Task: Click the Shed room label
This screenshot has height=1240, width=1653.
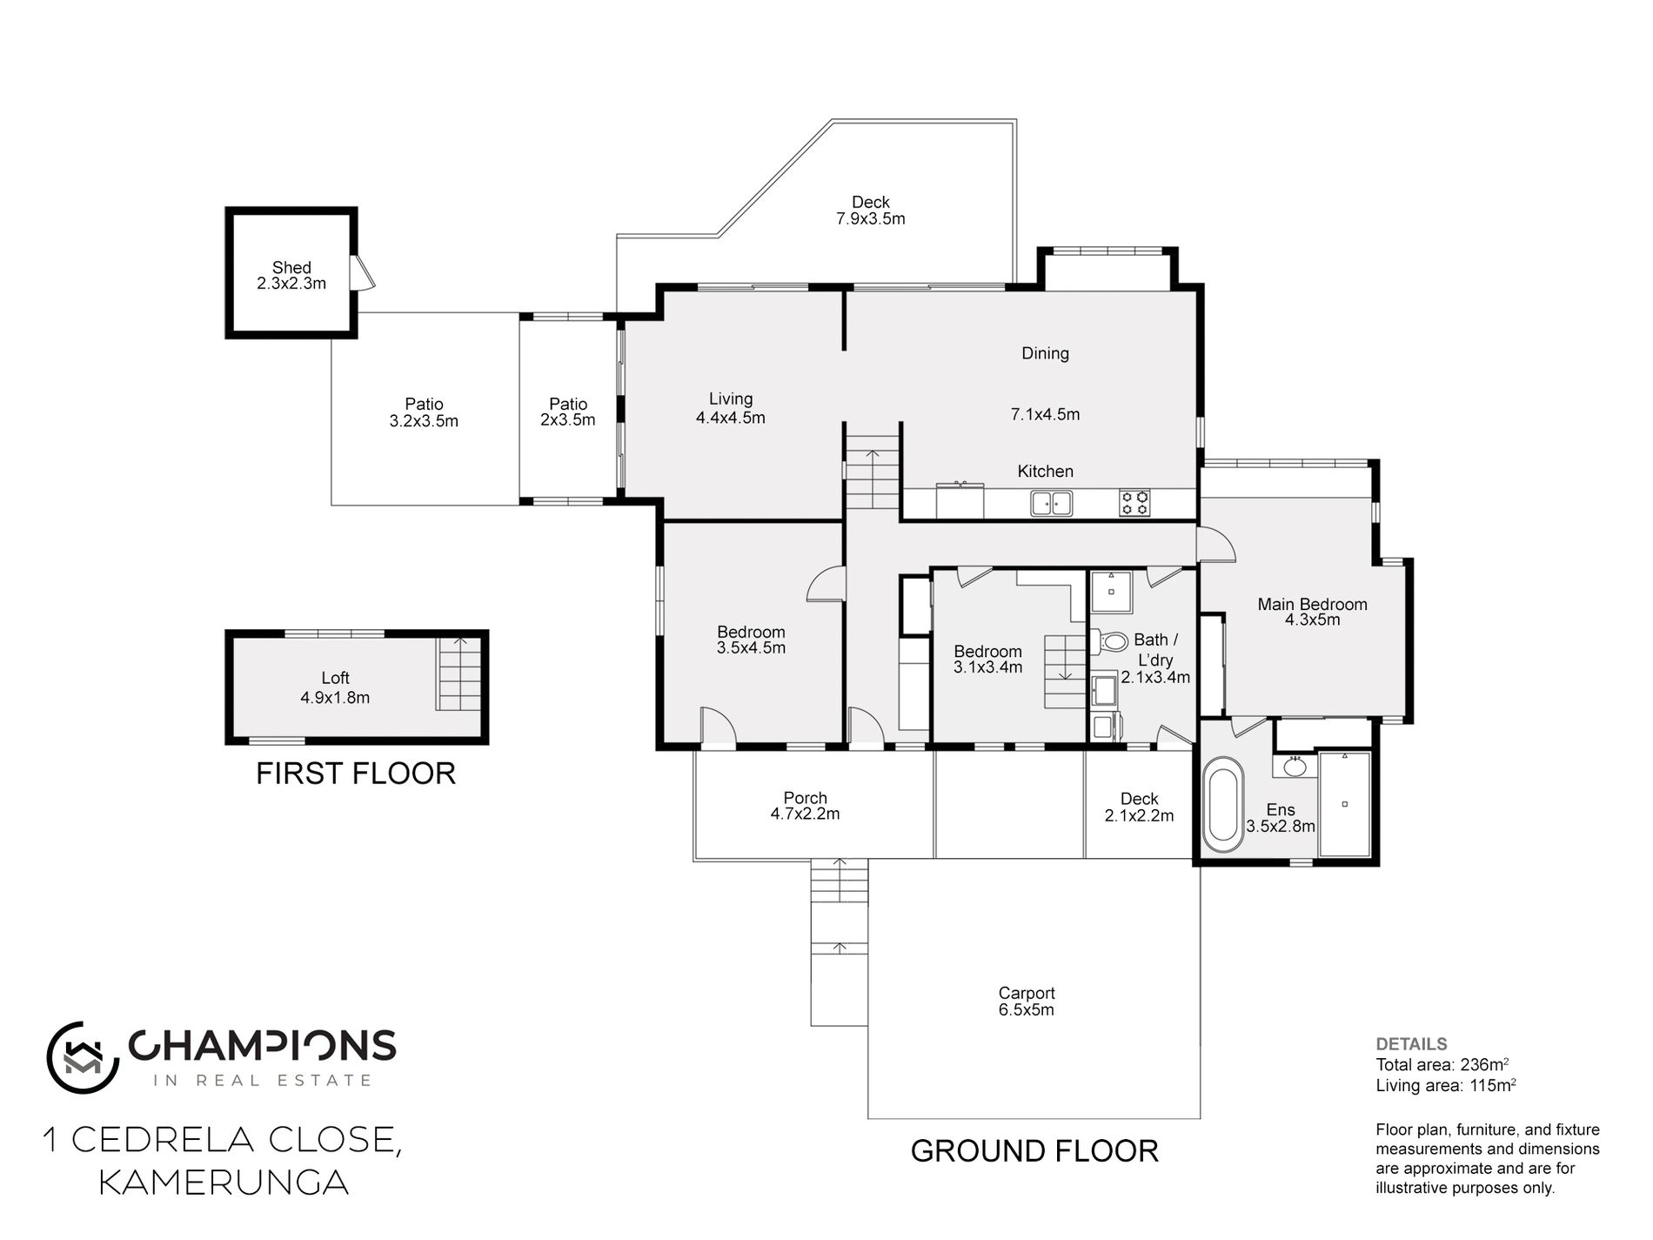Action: click(x=291, y=267)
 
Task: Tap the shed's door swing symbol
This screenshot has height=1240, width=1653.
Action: click(x=363, y=271)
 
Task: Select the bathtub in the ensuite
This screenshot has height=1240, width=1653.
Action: click(x=1222, y=804)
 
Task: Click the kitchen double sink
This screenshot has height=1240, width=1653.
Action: click(x=1051, y=503)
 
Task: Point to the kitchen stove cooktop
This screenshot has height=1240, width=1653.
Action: click(x=1134, y=503)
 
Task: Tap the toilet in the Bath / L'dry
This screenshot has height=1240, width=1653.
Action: click(x=1108, y=642)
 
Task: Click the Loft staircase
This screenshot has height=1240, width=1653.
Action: click(x=458, y=674)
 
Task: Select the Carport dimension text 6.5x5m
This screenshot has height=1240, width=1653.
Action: click(x=1027, y=1010)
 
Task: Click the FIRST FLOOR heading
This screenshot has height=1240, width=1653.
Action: click(x=356, y=774)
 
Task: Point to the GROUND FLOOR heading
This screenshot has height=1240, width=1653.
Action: click(x=1034, y=1151)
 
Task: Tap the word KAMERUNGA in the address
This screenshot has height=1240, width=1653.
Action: click(x=224, y=1183)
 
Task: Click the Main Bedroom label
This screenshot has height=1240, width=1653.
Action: click(x=1312, y=604)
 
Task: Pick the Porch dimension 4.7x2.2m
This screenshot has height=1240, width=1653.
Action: click(x=805, y=814)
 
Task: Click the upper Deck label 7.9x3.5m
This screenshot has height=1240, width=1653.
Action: click(x=871, y=218)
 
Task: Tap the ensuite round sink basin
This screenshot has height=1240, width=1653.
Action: click(x=1295, y=767)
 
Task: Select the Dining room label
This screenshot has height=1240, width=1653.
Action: click(x=1045, y=353)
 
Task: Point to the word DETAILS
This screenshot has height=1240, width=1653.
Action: click(x=1411, y=1044)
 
